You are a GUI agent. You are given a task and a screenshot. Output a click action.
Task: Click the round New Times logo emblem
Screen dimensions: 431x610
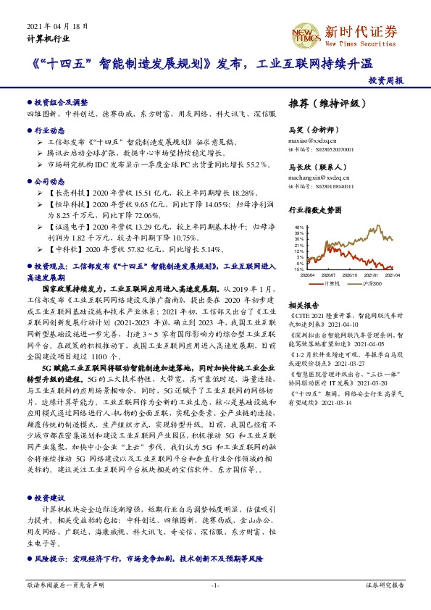click(x=302, y=33)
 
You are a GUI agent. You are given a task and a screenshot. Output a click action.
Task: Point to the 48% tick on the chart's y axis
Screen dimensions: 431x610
click(x=298, y=227)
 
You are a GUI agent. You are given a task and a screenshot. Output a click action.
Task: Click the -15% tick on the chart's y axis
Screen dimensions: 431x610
click(x=298, y=270)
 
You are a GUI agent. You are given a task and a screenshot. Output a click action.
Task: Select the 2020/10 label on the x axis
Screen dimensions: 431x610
click(x=350, y=275)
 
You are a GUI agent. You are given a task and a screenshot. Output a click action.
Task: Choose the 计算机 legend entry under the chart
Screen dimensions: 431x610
click(x=331, y=283)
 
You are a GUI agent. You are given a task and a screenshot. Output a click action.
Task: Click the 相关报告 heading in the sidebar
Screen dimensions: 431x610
click(x=304, y=305)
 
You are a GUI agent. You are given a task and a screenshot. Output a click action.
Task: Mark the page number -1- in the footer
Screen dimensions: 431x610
click(x=215, y=585)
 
